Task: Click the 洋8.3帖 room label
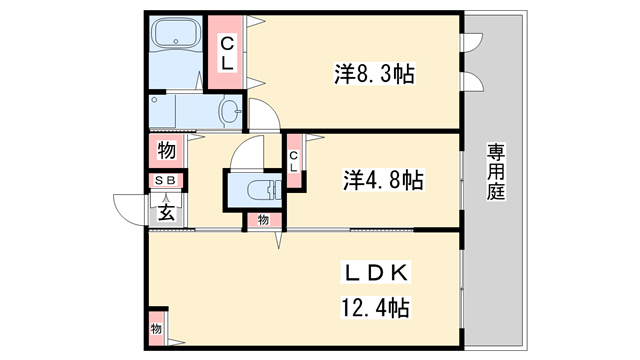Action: (374, 74)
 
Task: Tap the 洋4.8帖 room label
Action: (382, 180)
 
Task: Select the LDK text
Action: (376, 272)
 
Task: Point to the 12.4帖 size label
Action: (375, 307)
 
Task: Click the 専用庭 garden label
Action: (496, 171)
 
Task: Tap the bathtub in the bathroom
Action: (176, 35)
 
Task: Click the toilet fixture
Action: (264, 190)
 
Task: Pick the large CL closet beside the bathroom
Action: (227, 53)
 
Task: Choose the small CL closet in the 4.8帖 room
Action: (294, 161)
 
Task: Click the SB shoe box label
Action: (165, 180)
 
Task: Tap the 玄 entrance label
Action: (166, 212)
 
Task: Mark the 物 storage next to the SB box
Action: (167, 151)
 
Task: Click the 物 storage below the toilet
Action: (264, 220)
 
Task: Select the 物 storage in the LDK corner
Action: (156, 329)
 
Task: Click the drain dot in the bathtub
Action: (176, 41)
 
